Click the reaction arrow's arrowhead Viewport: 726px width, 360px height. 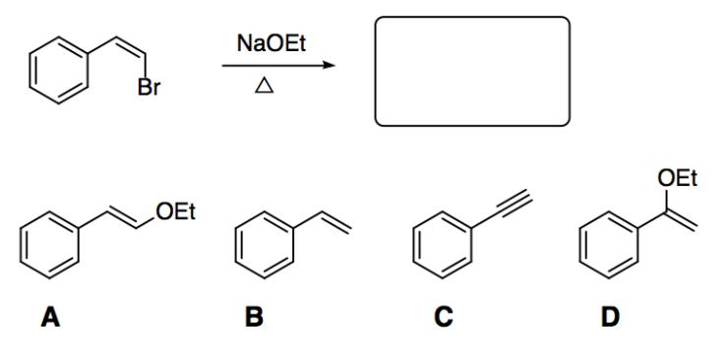(327, 66)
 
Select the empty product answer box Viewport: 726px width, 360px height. (471, 71)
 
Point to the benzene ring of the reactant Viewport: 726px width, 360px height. (54, 70)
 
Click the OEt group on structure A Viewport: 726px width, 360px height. (174, 210)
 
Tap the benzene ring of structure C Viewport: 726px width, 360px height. (439, 244)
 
